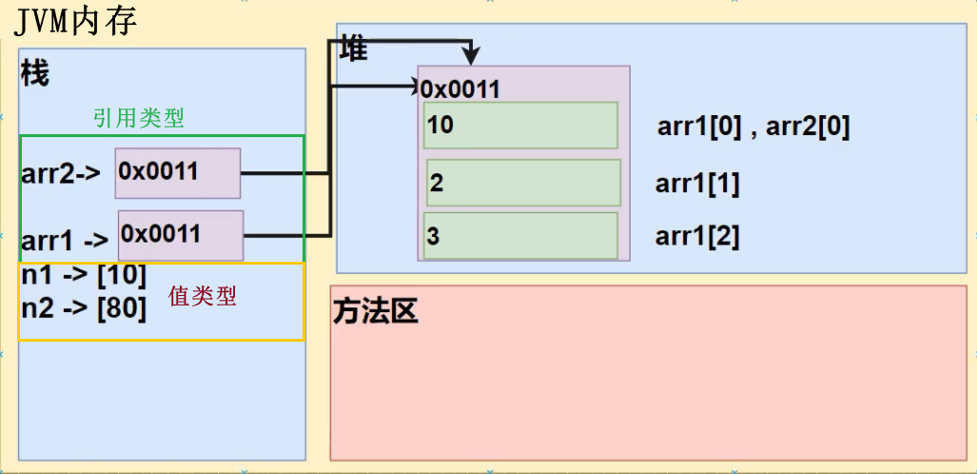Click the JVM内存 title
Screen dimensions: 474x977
[76, 20]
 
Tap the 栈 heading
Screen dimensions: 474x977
[34, 73]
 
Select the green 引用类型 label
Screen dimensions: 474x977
[138, 118]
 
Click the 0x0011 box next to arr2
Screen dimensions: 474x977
[178, 172]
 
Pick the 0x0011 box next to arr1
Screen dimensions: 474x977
[181, 234]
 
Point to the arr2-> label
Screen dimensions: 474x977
[61, 175]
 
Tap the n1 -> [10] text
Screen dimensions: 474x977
[84, 276]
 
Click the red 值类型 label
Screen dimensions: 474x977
[202, 296]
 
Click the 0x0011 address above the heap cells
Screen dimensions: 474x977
[461, 89]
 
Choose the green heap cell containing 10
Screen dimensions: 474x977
[520, 126]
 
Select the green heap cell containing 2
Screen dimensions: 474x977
[523, 184]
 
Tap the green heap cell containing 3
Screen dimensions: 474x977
[520, 236]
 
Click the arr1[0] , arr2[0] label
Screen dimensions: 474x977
[752, 127]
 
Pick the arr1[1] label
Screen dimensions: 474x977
[697, 184]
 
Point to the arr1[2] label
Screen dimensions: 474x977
[697, 236]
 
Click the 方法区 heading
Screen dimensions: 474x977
[376, 312]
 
